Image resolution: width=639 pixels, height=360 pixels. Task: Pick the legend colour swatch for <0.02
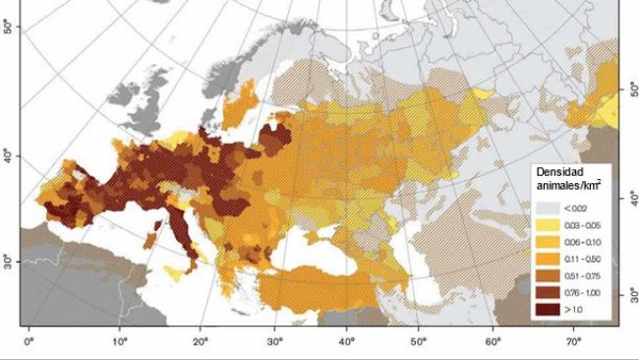tap(548, 207)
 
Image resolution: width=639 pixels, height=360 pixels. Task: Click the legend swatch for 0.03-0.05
tap(548, 224)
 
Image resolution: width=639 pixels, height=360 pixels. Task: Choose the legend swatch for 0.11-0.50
tap(548, 260)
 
